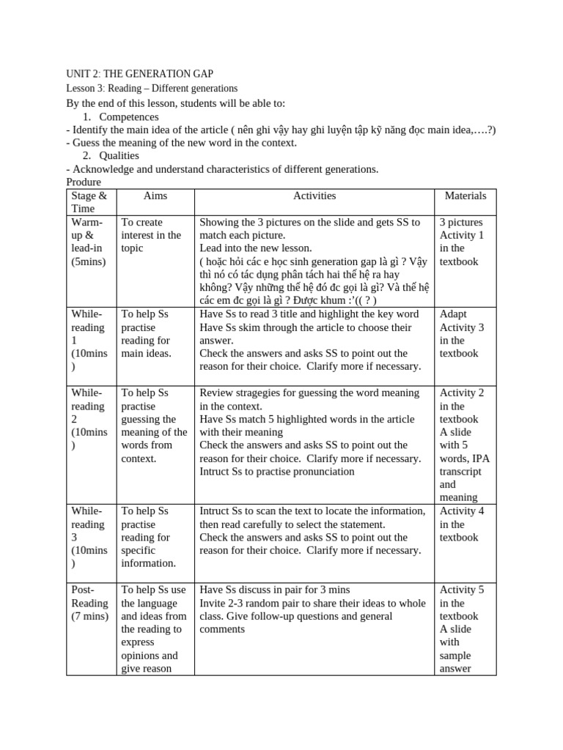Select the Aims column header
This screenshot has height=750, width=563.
click(x=155, y=196)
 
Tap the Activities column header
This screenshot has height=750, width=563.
click(x=314, y=196)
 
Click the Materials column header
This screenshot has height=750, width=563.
click(x=466, y=196)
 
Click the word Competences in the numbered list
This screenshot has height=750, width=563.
click(x=129, y=116)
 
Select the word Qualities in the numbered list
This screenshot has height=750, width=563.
click(x=119, y=155)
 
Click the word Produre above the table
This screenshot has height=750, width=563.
click(x=84, y=182)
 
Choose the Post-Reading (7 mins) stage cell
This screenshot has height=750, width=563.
click(x=89, y=603)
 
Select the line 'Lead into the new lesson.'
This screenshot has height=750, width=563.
click(x=256, y=248)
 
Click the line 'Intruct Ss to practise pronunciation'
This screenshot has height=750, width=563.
click(x=277, y=471)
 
